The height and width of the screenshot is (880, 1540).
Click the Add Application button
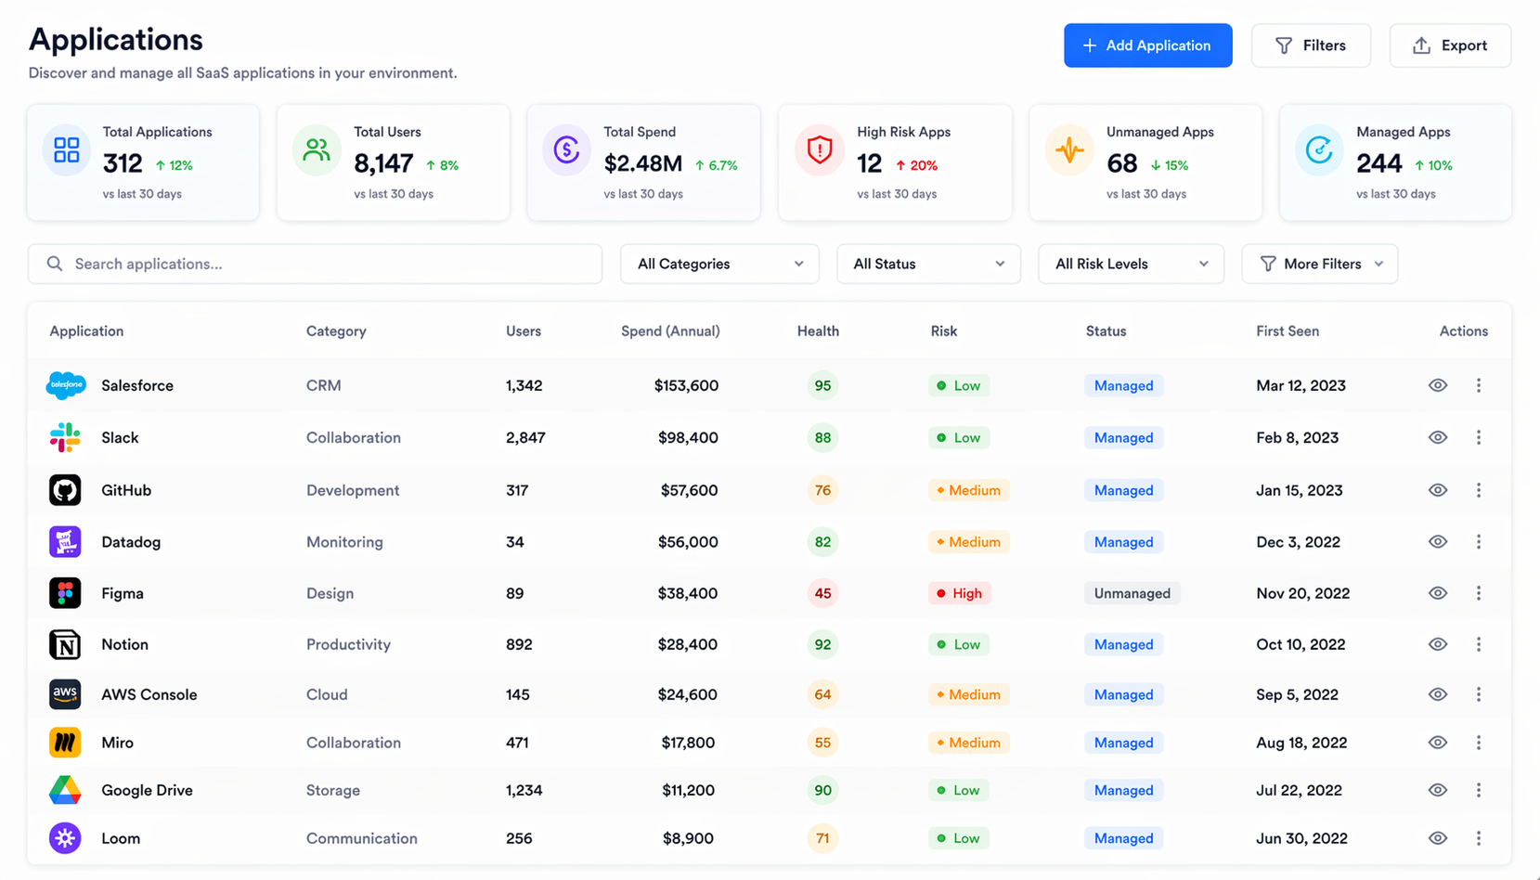point(1147,45)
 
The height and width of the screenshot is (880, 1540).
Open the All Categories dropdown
point(719,264)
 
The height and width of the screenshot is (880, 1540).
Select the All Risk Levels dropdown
point(1131,264)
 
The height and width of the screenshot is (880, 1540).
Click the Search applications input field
point(316,264)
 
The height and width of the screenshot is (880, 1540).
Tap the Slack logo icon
point(65,437)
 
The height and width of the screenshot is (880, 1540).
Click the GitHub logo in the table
point(65,490)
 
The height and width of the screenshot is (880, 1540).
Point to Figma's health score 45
point(822,593)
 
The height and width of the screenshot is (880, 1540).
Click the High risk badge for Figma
point(959,593)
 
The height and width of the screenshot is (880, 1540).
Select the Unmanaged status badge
point(1132,593)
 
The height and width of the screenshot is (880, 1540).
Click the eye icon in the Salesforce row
point(1438,385)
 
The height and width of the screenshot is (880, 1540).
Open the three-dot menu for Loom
point(1479,838)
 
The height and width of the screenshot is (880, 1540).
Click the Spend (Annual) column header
point(670,331)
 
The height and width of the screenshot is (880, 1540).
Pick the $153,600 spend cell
point(686,385)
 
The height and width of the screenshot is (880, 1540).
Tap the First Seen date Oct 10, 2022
point(1301,644)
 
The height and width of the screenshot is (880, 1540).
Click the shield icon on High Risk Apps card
point(820,149)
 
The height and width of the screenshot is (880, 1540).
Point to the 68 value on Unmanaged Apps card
point(1121,164)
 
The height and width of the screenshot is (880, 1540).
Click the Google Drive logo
point(65,790)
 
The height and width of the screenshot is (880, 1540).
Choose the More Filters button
point(1319,264)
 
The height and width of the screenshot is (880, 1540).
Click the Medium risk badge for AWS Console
point(968,694)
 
